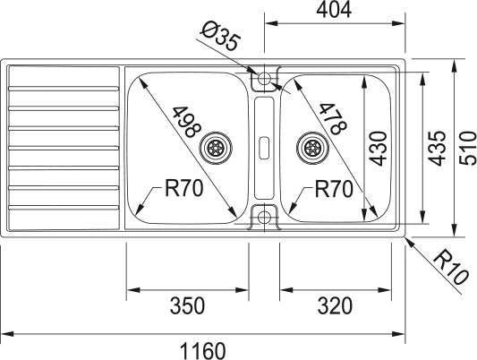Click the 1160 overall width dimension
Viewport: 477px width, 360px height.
pos(203,351)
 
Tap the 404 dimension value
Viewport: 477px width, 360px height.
pos(334,10)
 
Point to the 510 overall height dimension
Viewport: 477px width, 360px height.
pos(468,148)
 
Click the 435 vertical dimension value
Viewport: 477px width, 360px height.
pos(437,148)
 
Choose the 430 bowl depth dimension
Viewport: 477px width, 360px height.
pos(379,148)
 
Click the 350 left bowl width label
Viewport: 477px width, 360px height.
pos(187,305)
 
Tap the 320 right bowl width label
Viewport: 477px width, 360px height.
pos(335,305)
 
